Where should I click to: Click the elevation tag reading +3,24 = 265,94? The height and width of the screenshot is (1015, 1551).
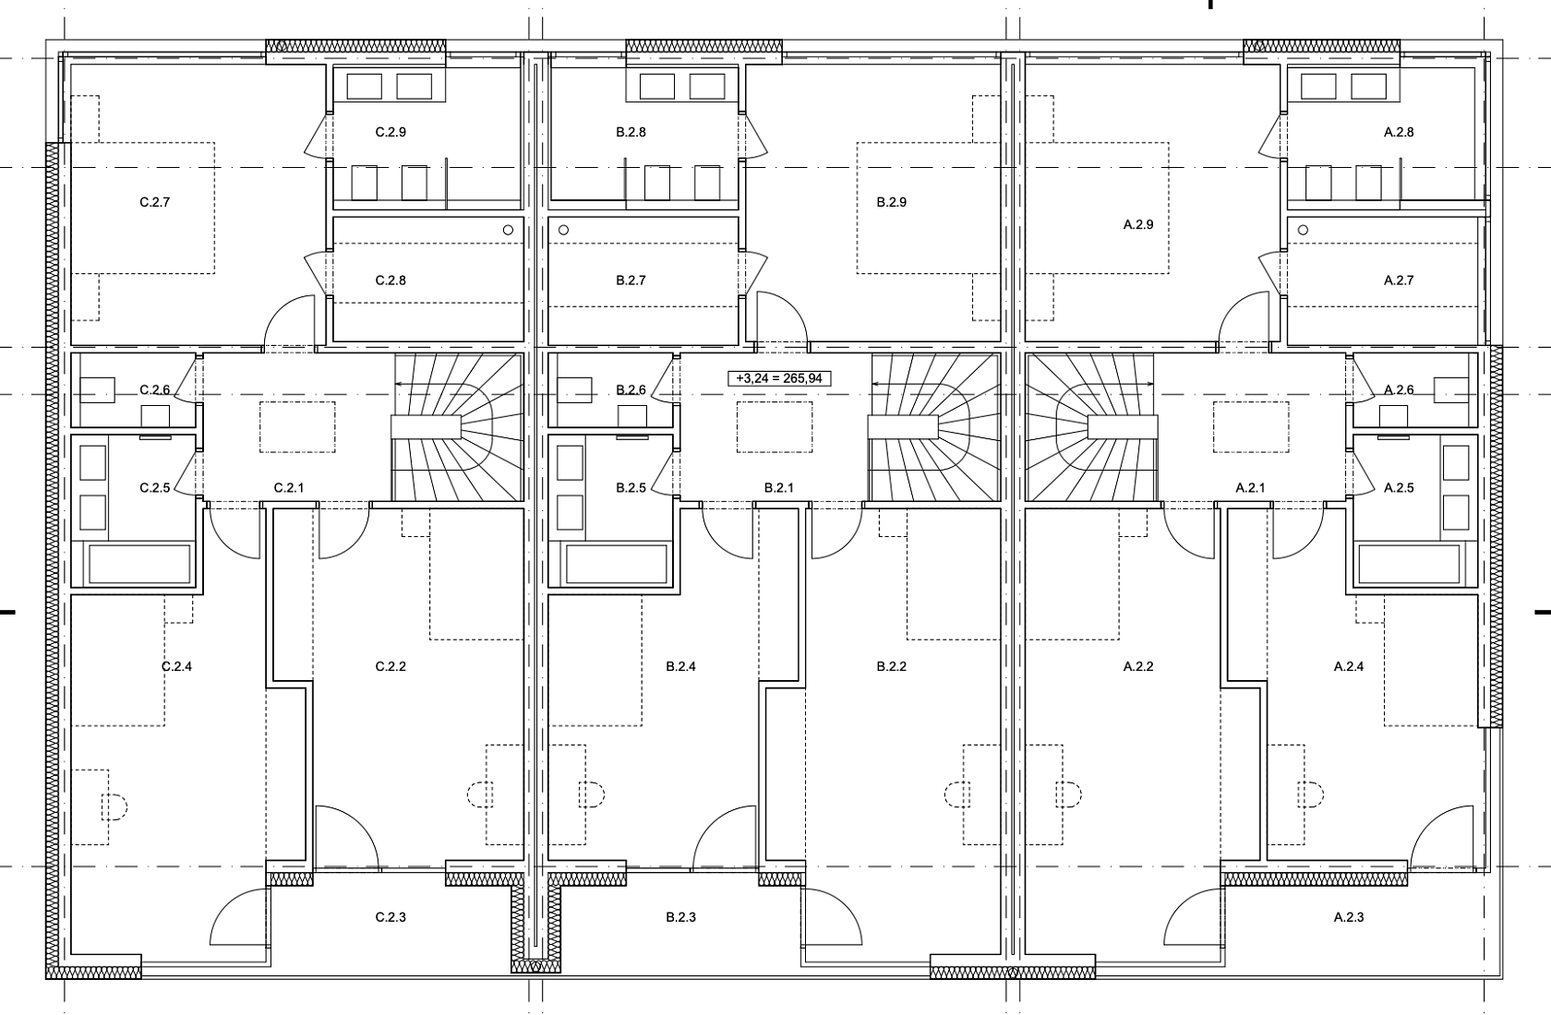pos(779,378)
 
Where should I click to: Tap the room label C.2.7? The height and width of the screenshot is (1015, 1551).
pos(154,202)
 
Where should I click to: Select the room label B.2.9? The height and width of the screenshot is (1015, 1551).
pos(891,202)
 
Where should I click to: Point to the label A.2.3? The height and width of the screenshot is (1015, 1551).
pos(1349,917)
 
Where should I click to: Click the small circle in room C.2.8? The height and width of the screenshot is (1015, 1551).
pos(508,230)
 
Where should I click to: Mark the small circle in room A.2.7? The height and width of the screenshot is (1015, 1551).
pos(1304,230)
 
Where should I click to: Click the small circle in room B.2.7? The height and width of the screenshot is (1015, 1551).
pos(563,230)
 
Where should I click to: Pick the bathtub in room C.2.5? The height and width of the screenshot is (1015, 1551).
pos(139,564)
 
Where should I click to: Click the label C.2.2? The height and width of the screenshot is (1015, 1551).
pos(391,666)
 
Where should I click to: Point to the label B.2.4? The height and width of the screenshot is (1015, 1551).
pos(680,666)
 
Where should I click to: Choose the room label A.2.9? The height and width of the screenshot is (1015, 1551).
pos(1138,224)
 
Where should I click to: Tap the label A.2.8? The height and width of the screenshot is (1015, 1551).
pos(1399,132)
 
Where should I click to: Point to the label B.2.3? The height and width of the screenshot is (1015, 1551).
pos(680,917)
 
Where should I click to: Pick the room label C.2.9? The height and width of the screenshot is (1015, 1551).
pos(391,132)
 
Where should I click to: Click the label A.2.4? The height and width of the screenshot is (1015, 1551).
pos(1349,666)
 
